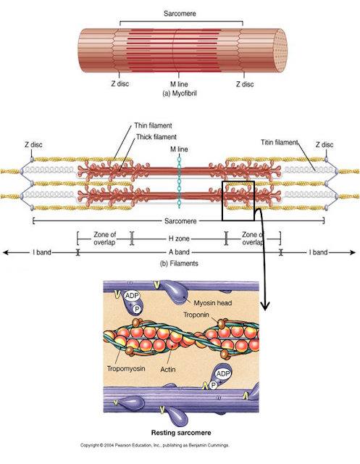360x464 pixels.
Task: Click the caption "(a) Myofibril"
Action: pyautogui.click(x=179, y=94)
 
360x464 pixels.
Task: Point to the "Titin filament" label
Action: pyautogui.click(x=280, y=143)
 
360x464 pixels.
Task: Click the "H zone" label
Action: pyautogui.click(x=179, y=238)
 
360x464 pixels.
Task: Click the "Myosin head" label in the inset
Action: pyautogui.click(x=214, y=302)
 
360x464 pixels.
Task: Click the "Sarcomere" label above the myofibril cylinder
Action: pyautogui.click(x=179, y=13)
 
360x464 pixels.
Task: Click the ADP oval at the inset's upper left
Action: pyautogui.click(x=131, y=296)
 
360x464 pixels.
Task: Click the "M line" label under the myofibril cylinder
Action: pyautogui.click(x=179, y=85)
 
